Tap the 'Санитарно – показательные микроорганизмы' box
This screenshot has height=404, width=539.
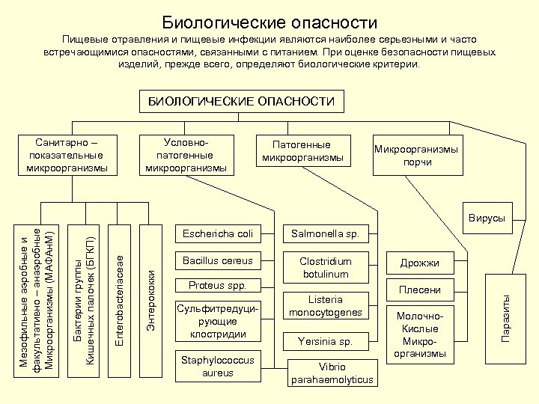click(67, 155)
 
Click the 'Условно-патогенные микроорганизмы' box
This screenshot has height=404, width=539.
click(186, 154)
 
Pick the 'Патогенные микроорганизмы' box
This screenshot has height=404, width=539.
click(302, 151)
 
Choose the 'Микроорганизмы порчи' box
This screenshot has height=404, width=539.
click(417, 155)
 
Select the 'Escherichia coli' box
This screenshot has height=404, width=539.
click(218, 233)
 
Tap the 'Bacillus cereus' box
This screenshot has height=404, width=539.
click(218, 261)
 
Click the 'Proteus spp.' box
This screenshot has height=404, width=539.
click(218, 286)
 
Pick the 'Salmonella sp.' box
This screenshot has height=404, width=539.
click(326, 233)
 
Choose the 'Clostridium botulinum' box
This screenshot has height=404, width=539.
click(326, 268)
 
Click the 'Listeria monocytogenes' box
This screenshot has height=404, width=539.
click(326, 306)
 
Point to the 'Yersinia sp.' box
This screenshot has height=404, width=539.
click(326, 342)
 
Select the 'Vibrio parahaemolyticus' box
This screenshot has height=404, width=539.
click(332, 373)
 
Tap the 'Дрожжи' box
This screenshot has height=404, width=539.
click(419, 263)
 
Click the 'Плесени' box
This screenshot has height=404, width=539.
click(419, 290)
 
